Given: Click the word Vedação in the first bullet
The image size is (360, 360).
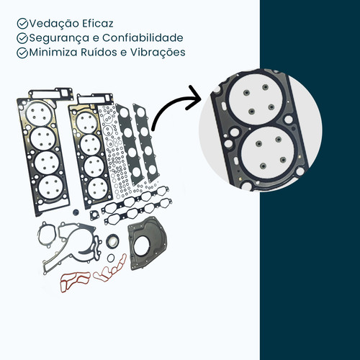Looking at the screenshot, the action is (54, 24).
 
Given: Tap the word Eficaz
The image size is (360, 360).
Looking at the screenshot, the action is (98, 24).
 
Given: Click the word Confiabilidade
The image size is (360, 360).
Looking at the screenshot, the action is (143, 37).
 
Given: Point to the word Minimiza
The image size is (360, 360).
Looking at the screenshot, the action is (53, 53).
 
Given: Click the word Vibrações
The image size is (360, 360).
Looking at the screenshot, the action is (158, 53).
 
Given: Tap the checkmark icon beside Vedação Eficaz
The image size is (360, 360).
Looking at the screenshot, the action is (22, 24).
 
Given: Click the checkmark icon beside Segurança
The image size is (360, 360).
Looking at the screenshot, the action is (22, 38).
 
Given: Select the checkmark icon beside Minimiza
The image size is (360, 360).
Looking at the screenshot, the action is (22, 53).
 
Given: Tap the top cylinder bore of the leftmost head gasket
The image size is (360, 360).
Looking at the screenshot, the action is (39, 114).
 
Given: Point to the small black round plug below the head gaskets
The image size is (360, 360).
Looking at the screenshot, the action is (76, 212).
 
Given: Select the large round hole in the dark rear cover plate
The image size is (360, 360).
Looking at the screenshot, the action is (143, 246).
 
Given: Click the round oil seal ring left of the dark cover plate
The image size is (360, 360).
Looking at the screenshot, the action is (112, 240).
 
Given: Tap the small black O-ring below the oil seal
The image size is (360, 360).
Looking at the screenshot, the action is (111, 258).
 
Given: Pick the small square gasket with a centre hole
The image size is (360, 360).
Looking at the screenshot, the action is (95, 215).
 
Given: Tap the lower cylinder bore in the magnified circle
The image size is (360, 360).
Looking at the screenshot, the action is (268, 153).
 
